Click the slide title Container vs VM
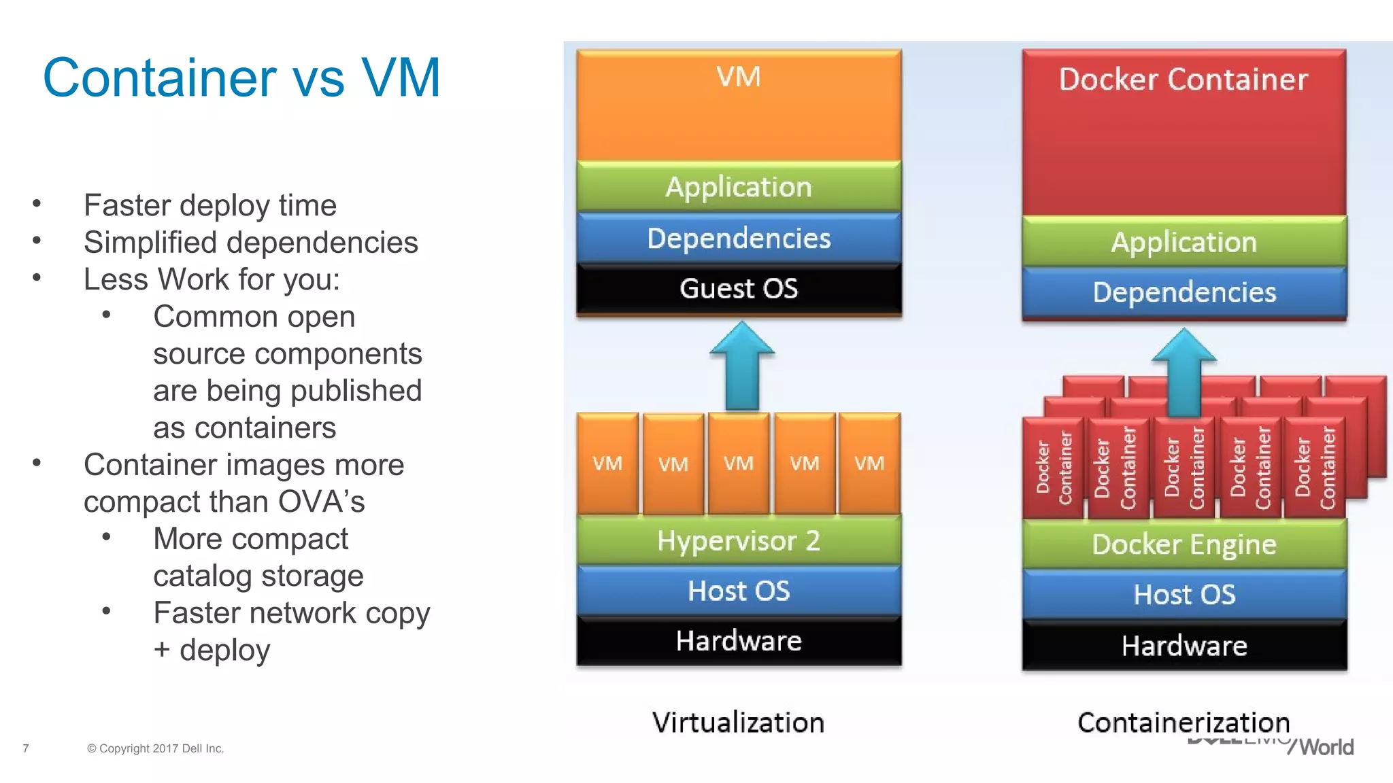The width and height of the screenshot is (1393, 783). point(241,77)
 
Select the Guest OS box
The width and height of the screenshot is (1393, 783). point(739,289)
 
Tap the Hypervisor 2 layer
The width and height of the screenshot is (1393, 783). point(739,541)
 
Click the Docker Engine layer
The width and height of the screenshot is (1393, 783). point(1184,544)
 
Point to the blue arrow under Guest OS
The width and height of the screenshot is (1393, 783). point(742,367)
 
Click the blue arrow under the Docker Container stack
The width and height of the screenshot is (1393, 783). point(1184,374)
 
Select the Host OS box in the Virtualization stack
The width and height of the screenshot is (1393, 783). point(739,591)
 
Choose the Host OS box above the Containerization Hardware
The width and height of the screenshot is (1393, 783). point(1184,595)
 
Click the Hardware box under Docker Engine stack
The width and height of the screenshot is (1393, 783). point(1184,646)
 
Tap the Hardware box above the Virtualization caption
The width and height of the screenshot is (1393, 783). point(739,641)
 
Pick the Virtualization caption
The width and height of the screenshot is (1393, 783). point(738,723)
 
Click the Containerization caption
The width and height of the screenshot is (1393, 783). point(1184,723)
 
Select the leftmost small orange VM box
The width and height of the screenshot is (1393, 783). point(607,464)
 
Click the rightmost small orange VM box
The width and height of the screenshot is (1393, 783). point(869,464)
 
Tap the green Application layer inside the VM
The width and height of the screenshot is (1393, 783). point(739,187)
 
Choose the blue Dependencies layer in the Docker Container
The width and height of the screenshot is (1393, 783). point(1184,292)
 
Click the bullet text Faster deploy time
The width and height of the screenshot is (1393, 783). point(209,205)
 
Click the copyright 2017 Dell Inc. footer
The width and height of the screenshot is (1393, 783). point(155,748)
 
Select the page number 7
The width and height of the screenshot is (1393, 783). point(26,748)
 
